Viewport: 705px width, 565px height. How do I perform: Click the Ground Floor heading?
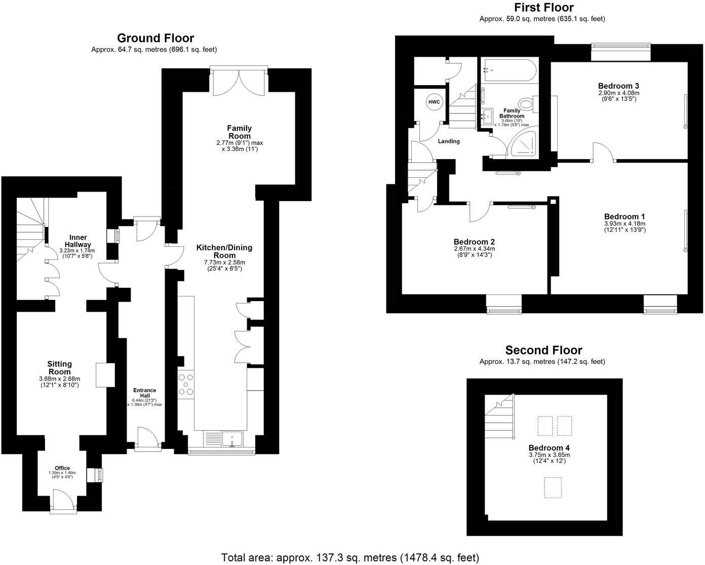(x=155, y=38)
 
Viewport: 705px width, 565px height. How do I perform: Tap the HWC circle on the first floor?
(x=434, y=102)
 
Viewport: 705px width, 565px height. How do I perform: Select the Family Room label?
(x=239, y=132)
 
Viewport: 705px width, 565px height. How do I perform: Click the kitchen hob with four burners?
(x=186, y=384)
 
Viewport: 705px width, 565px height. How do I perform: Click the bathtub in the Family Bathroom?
(x=507, y=71)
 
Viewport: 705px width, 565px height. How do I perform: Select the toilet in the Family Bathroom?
(x=528, y=105)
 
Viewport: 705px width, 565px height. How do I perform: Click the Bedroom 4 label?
(x=545, y=448)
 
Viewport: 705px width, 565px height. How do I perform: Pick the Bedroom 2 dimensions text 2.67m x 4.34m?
(x=474, y=249)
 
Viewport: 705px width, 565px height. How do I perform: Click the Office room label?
(x=62, y=468)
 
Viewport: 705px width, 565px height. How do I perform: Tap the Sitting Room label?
(x=59, y=368)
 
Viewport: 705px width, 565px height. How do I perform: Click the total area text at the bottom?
(x=349, y=557)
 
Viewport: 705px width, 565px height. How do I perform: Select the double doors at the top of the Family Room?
(x=239, y=81)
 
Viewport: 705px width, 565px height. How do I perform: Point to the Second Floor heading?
(x=543, y=350)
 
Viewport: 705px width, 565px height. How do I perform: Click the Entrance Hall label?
(x=144, y=393)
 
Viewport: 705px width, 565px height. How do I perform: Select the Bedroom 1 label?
(x=624, y=216)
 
